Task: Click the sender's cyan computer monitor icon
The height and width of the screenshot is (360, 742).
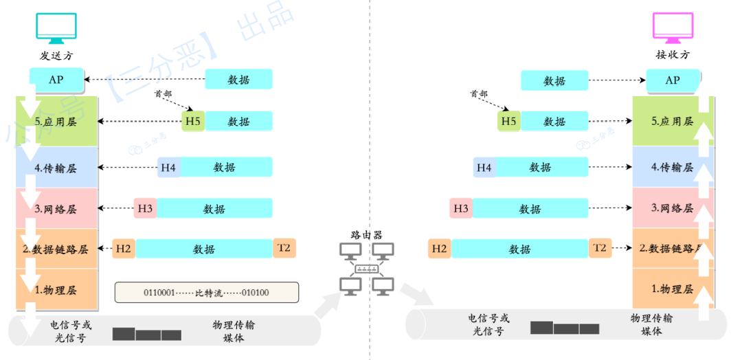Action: click(x=56, y=27)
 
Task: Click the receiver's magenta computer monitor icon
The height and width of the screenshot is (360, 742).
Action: click(x=673, y=27)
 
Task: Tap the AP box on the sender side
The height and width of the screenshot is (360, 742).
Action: click(x=56, y=80)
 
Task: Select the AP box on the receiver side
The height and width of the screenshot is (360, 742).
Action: click(x=673, y=80)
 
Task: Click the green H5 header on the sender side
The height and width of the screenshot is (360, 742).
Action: click(x=193, y=122)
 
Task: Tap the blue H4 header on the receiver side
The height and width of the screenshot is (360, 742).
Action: click(x=484, y=167)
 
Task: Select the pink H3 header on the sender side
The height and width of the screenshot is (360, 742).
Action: click(x=145, y=208)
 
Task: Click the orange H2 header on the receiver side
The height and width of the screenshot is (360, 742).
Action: click(x=439, y=249)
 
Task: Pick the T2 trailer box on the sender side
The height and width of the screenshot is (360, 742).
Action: click(x=284, y=247)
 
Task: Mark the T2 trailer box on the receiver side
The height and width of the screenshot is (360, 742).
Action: click(x=600, y=247)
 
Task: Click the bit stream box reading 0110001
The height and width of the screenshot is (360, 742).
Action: click(x=206, y=293)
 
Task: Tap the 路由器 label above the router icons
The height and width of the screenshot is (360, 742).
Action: click(x=366, y=234)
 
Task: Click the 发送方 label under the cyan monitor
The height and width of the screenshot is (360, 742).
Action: click(x=56, y=55)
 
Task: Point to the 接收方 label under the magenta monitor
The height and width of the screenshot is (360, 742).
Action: click(x=673, y=55)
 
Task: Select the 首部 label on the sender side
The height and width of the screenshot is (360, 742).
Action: click(x=163, y=94)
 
